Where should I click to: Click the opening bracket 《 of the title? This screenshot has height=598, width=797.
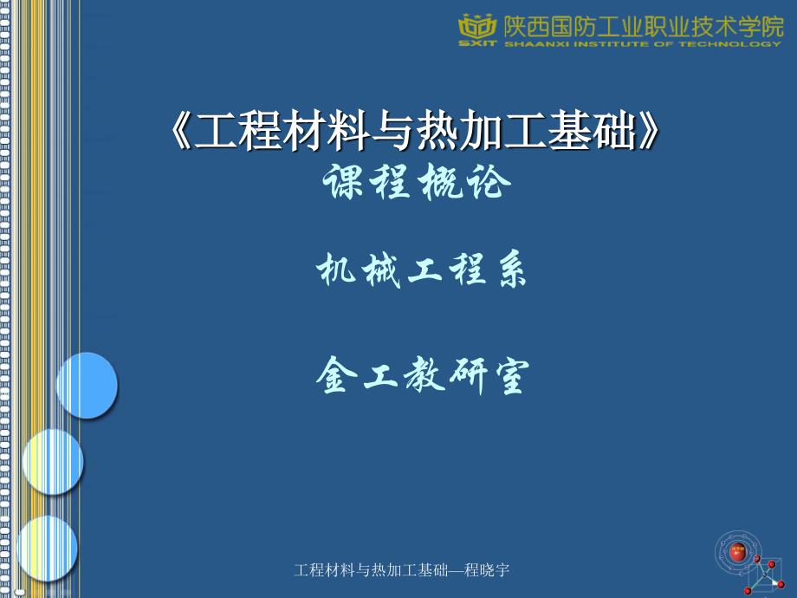pos(180,131)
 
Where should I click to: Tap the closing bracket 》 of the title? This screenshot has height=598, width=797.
pos(649,131)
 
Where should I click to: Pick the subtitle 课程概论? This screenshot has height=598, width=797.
pos(417,182)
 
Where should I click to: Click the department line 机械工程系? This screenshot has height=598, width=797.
pos(421,270)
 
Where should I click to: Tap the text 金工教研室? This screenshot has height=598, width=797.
pos(423,375)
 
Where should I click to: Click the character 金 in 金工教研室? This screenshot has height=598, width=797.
pos(335,374)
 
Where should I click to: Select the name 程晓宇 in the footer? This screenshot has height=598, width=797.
pos(487,570)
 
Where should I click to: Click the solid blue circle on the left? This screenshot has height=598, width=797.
pos(87,386)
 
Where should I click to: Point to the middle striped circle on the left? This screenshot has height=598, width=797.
pos(53,461)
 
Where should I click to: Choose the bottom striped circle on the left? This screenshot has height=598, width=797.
pos(47,548)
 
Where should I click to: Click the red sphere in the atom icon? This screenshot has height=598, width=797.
pos(737,552)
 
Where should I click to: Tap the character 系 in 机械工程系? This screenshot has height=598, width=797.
pos(511,270)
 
